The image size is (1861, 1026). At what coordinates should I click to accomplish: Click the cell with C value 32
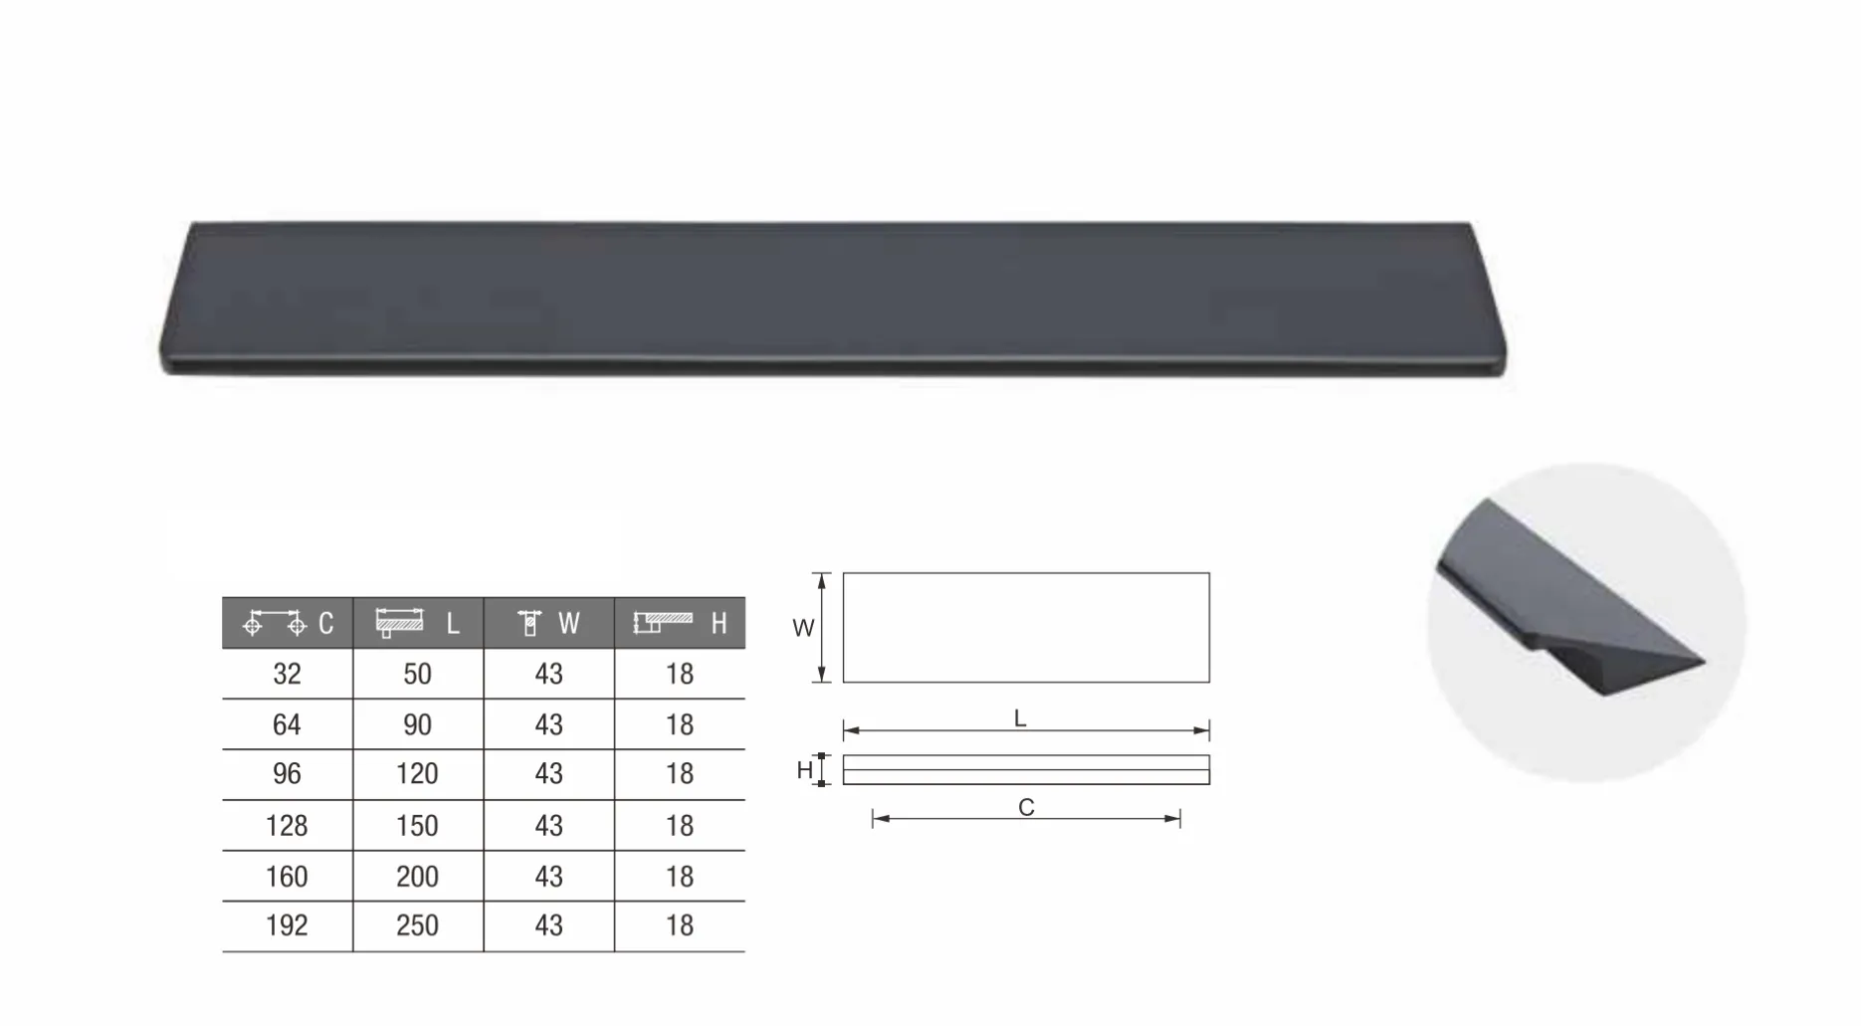(287, 674)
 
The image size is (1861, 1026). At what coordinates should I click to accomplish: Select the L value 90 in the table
(418, 724)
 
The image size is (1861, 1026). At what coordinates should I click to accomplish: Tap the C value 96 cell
(287, 774)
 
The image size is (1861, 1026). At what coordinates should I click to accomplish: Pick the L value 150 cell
(418, 825)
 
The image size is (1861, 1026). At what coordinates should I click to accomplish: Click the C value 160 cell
(287, 876)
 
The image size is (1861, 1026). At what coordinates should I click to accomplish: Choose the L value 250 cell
(418, 925)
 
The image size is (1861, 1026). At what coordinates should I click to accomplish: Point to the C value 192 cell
(287, 925)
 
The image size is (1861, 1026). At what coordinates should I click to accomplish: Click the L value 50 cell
(418, 674)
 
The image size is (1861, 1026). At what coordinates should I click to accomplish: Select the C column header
(287, 623)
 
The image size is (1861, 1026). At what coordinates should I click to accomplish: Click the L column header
(418, 623)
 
